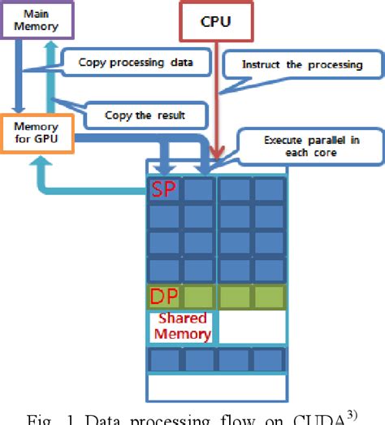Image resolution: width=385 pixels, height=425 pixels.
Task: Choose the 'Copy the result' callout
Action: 144,115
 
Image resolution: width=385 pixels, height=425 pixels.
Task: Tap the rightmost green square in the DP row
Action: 269,296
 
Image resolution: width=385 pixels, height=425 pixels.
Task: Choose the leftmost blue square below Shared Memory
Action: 164,360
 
